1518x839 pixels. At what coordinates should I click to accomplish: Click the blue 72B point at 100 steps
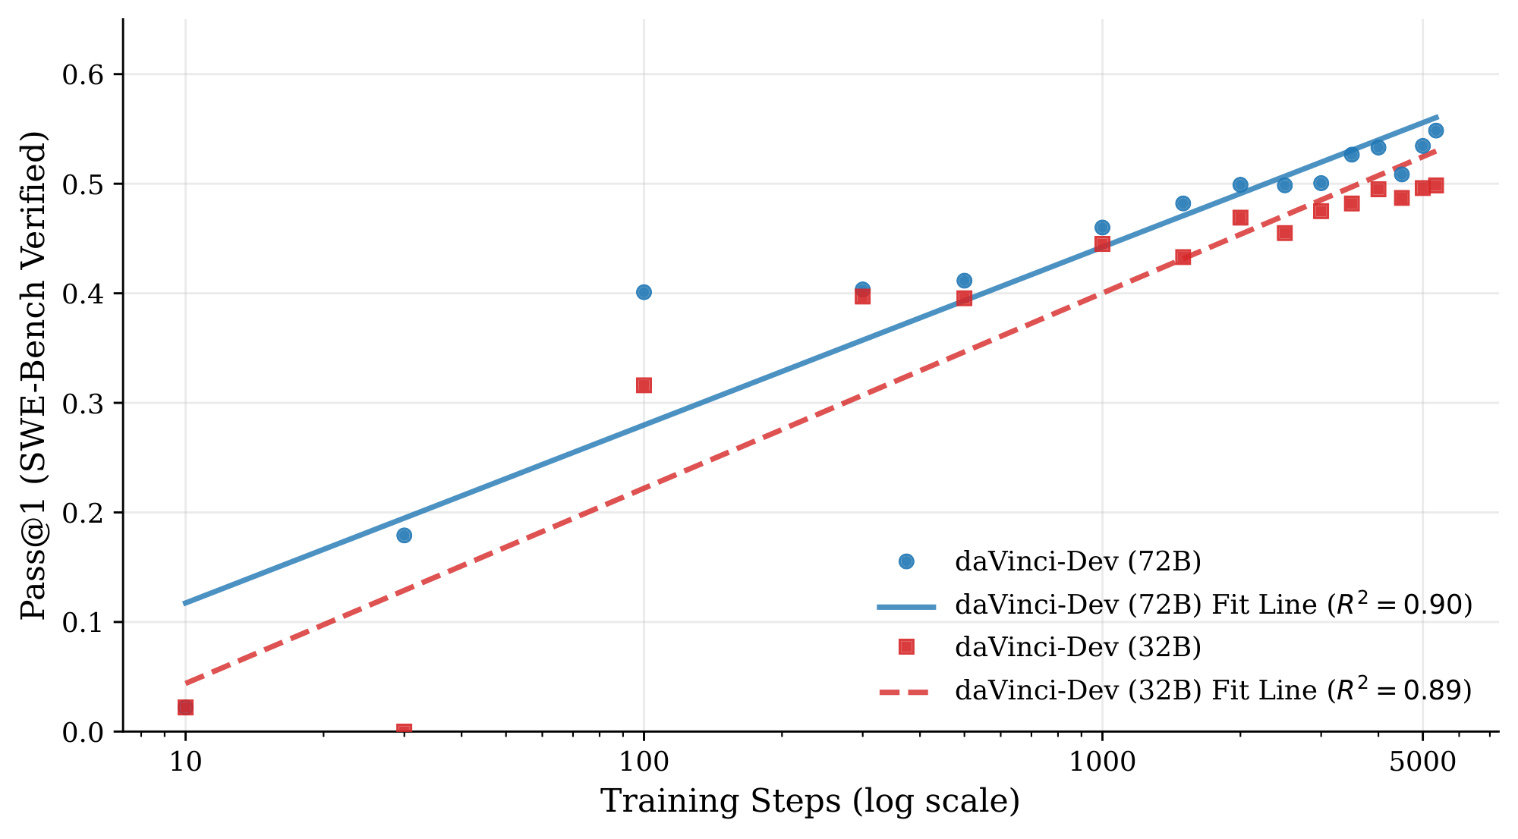pos(644,292)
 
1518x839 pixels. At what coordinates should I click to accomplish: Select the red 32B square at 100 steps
pos(644,385)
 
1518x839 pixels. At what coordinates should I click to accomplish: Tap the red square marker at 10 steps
pos(185,707)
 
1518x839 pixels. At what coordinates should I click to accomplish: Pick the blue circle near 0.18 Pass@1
pos(404,535)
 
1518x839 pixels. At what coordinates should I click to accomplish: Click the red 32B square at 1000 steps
pos(1102,244)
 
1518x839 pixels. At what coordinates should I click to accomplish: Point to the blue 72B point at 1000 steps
pos(1102,228)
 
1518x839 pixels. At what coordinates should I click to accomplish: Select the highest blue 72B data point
pos(1435,130)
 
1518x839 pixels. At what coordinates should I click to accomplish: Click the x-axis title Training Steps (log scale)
pos(810,802)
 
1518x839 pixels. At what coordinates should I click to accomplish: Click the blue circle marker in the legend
pos(905,561)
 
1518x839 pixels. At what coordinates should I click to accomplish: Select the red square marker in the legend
pos(905,646)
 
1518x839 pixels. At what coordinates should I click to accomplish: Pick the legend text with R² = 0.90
pos(1213,605)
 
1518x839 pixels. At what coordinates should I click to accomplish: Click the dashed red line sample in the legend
pos(905,691)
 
